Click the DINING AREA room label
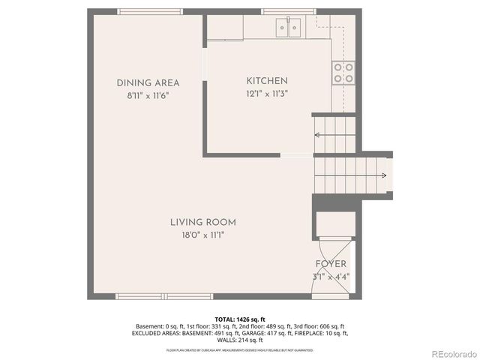click(148, 82)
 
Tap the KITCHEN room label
click(267, 81)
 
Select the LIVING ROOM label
click(202, 222)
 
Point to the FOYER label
click(331, 264)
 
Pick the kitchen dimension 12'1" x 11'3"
click(267, 94)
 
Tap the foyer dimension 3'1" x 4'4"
click(331, 277)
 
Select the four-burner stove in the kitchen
click(344, 72)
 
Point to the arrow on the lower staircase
click(383, 176)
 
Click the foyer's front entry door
click(331, 297)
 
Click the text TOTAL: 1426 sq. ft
click(239, 319)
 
